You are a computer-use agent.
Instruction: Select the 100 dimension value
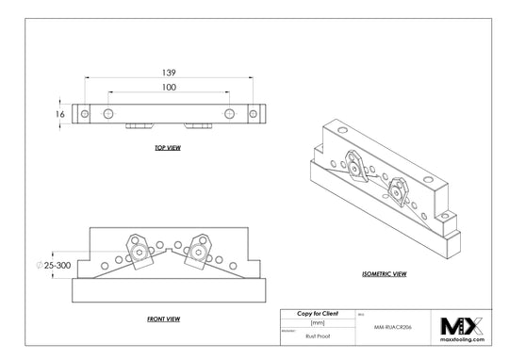[170, 88]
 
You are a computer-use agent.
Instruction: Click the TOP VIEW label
[168, 149]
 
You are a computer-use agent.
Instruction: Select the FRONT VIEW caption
[164, 319]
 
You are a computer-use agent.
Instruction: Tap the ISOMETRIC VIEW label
[384, 273]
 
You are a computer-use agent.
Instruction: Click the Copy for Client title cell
[316, 312]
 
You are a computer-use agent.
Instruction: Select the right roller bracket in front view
[198, 251]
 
